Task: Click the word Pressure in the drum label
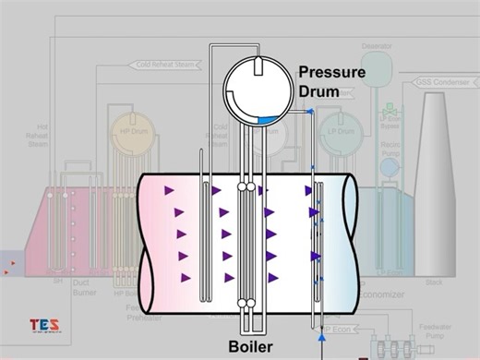click(x=330, y=73)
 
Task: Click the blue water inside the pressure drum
click(x=270, y=120)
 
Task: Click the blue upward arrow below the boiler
click(x=321, y=339)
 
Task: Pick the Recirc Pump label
click(x=391, y=149)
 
